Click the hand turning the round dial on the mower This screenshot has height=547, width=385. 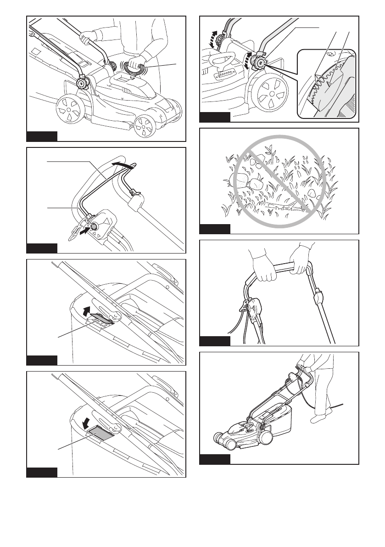(x=137, y=60)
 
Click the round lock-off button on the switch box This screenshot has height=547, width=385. (x=95, y=226)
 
